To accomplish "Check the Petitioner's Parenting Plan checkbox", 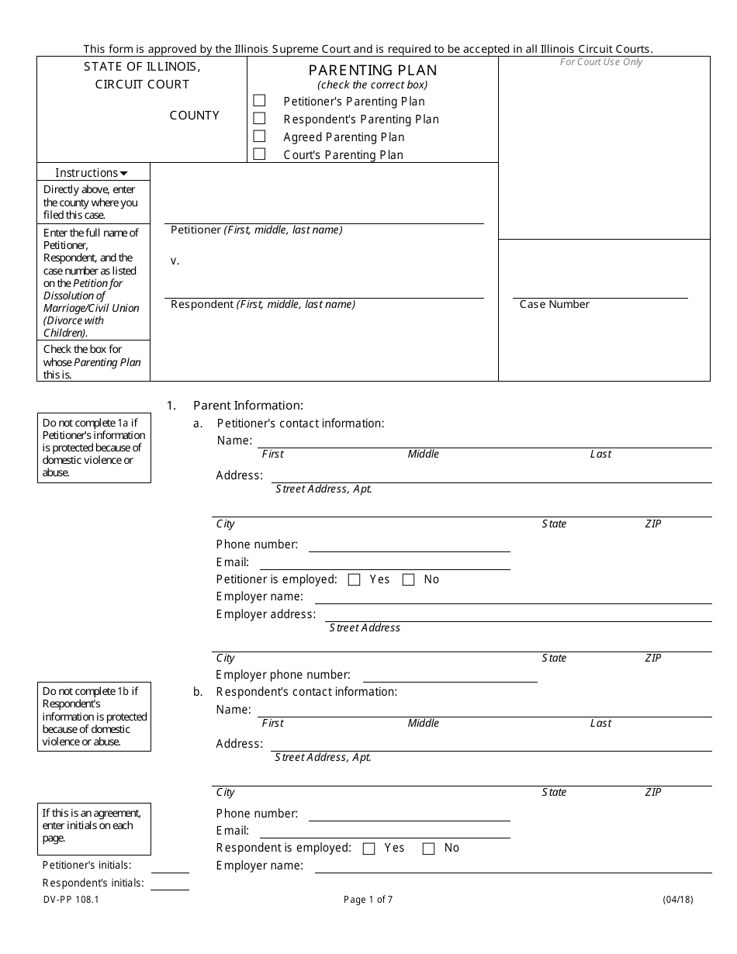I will tap(259, 101).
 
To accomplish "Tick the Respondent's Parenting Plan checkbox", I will tap(259, 119).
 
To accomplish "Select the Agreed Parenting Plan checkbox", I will tap(259, 137).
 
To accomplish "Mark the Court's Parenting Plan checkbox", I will tap(259, 154).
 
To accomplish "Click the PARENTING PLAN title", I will tap(372, 71).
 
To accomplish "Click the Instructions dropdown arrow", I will tap(123, 174).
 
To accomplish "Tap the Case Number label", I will tap(554, 305).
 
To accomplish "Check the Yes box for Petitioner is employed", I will tap(355, 579).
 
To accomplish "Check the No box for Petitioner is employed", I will tap(409, 579).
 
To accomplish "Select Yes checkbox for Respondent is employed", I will tap(369, 849).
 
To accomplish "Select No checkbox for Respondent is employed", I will tap(428, 849).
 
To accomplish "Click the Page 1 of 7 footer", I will tap(368, 900).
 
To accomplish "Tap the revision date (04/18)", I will tap(677, 900).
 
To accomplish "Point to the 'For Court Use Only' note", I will tap(601, 62).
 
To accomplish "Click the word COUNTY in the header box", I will tap(194, 116).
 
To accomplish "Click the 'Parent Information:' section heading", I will tap(247, 406).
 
